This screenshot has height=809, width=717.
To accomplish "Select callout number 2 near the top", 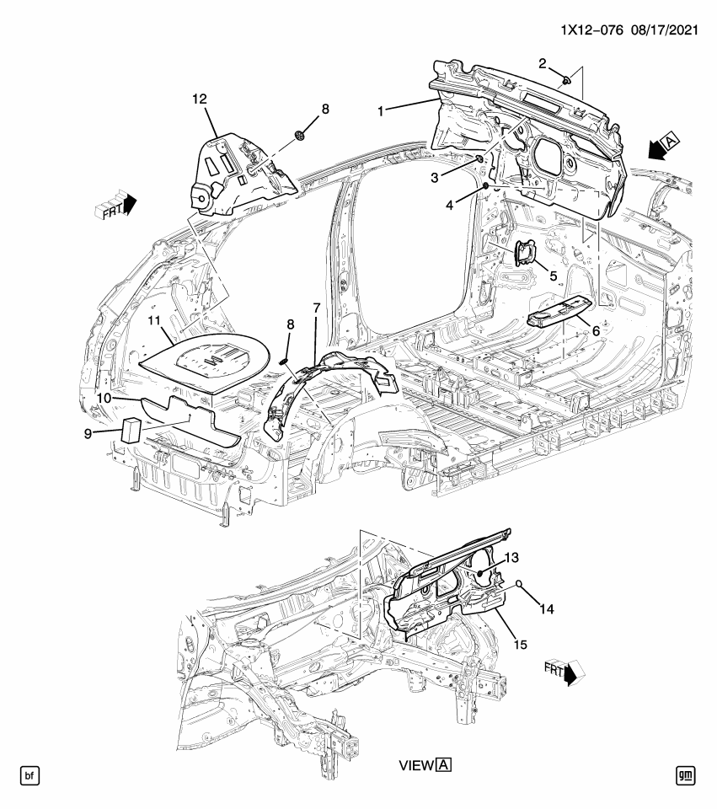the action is point(543,63).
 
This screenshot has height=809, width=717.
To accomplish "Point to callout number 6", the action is point(595,331).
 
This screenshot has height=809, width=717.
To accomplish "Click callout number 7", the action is point(317,308).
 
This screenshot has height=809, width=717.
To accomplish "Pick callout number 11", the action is point(154,320).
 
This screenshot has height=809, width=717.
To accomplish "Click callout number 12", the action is point(199,99).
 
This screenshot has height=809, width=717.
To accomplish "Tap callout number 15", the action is point(519,645).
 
